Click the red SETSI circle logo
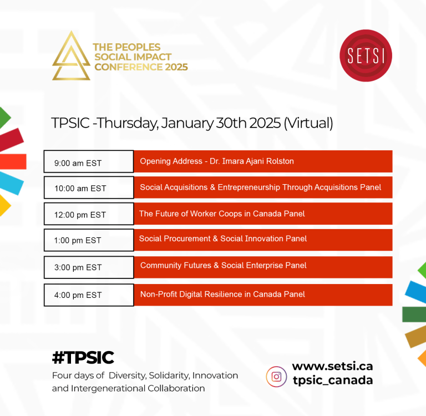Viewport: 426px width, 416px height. pyautogui.click(x=366, y=55)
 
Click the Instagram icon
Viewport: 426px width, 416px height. pyautogui.click(x=276, y=377)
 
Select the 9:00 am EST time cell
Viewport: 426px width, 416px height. pyautogui.click(x=89, y=161)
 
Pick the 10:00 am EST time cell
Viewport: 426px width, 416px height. pyautogui.click(x=89, y=187)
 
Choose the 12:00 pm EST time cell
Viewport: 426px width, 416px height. pyautogui.click(x=89, y=214)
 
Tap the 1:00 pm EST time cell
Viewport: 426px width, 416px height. pyautogui.click(x=89, y=240)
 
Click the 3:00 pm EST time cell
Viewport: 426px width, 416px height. pyautogui.click(x=89, y=267)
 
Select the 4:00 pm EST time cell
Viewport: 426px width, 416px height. pyautogui.click(x=89, y=295)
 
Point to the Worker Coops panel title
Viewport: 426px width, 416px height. pyautogui.click(x=222, y=214)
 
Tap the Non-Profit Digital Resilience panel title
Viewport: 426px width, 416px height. pyautogui.click(x=222, y=295)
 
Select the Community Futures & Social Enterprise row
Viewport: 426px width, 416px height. pyautogui.click(x=263, y=267)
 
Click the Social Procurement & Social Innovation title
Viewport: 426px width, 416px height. pyautogui.click(x=223, y=239)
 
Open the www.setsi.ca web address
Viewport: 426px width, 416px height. pyautogui.click(x=333, y=366)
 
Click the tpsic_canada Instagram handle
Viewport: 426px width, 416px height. pyautogui.click(x=333, y=380)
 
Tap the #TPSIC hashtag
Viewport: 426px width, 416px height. pyautogui.click(x=83, y=357)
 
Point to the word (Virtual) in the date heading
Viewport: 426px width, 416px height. pyautogui.click(x=308, y=123)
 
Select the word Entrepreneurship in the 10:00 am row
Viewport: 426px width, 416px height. pyautogui.click(x=249, y=187)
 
